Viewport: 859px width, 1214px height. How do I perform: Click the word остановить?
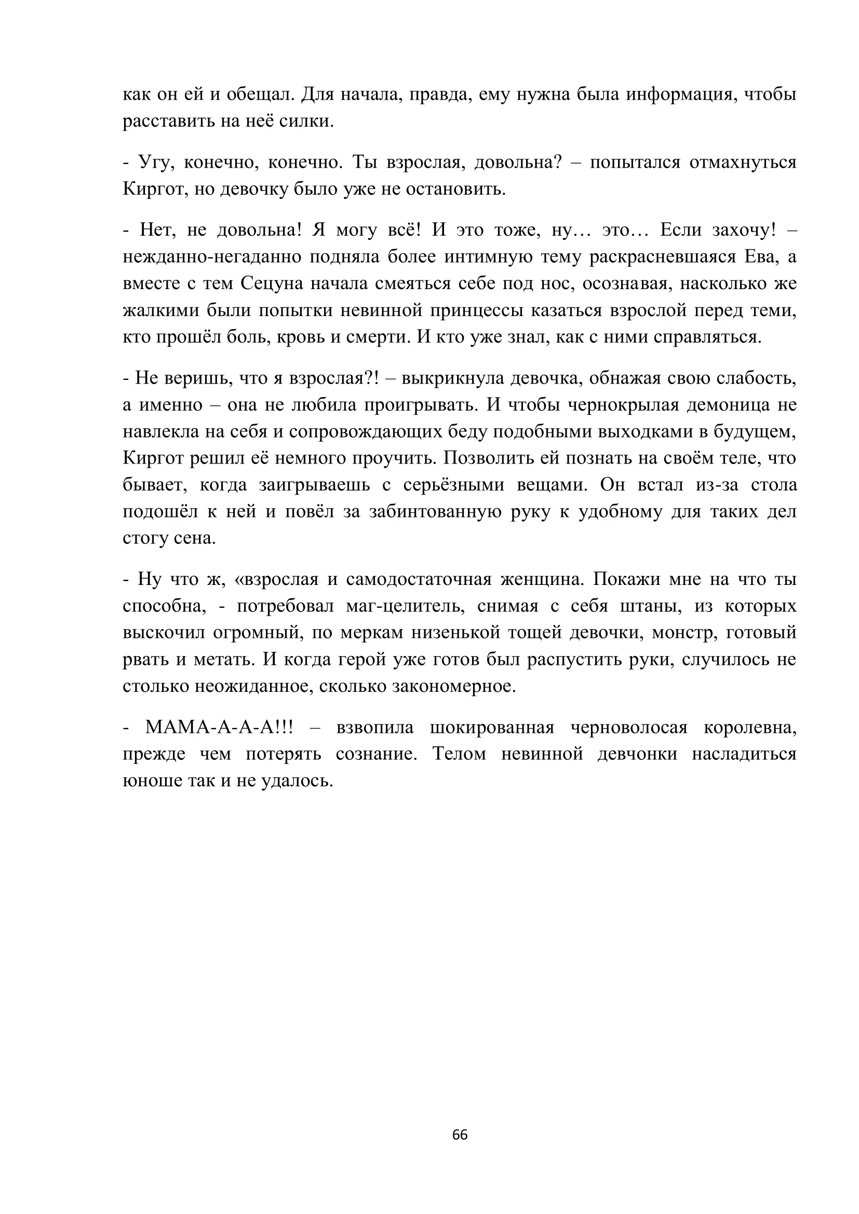[x=455, y=189]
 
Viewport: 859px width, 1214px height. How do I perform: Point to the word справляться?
[x=707, y=337]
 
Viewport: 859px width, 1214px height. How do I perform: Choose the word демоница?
[x=724, y=405]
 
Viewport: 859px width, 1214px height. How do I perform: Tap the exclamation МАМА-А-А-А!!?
[x=219, y=728]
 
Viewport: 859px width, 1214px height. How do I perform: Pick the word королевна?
[x=749, y=728]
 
